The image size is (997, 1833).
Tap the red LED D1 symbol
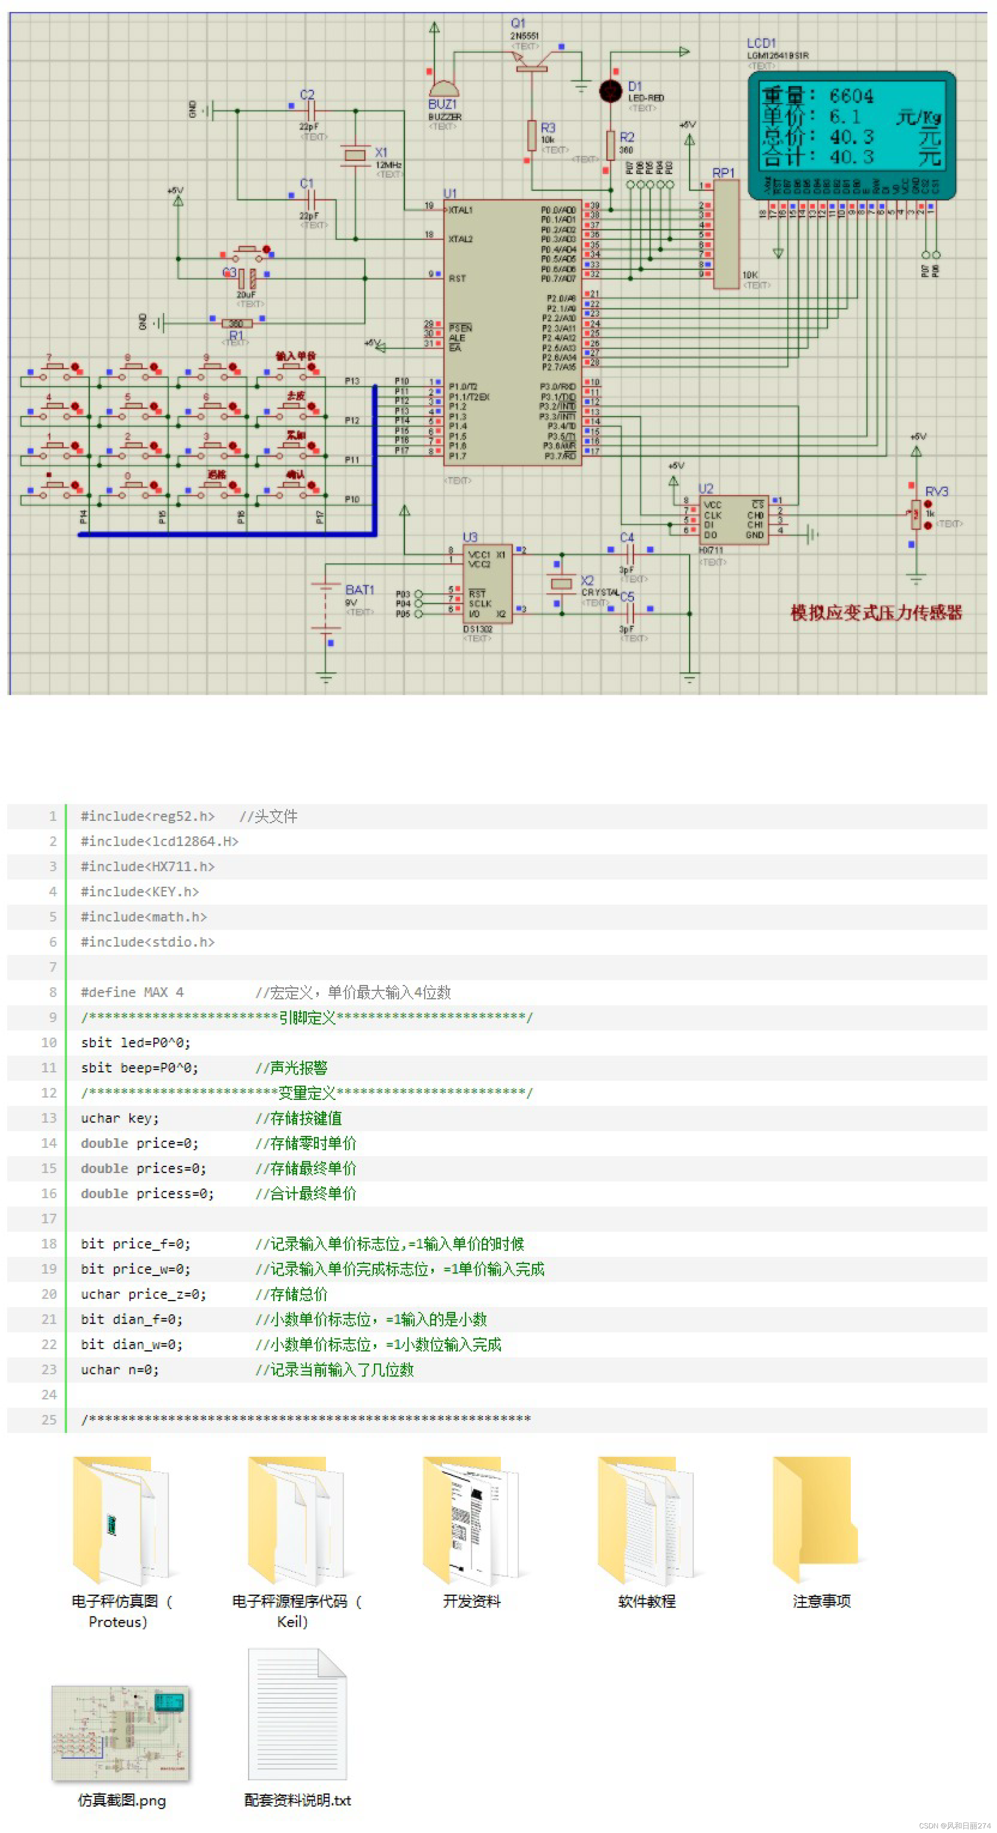610,91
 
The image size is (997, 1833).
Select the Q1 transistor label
518,23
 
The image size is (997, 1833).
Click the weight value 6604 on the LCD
851,96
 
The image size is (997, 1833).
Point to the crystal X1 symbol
354,155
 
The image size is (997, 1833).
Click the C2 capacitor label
307,95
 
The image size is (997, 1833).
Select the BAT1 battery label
359,590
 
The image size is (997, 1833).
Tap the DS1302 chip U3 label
470,537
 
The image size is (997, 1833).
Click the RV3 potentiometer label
936,492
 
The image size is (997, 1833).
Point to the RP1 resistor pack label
723,173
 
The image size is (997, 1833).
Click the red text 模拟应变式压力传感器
876,613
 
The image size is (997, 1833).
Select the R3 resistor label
547,128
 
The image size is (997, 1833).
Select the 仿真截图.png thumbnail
121,1734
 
